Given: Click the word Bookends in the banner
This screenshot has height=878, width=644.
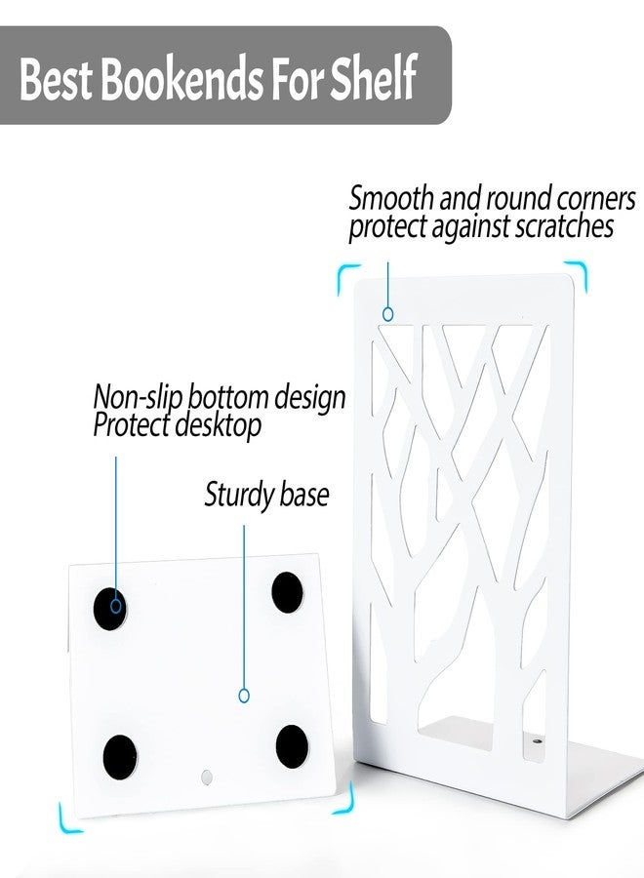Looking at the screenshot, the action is point(182,77).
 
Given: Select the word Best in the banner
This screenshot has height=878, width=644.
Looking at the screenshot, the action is point(56,78).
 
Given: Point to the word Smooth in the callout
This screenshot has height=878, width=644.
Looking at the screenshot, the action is point(391,198).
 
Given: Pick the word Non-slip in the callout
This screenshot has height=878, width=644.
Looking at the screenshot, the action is point(138,398).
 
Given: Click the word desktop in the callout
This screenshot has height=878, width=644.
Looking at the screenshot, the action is point(218,425).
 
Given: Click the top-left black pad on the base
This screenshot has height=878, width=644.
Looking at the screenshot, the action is point(109,609).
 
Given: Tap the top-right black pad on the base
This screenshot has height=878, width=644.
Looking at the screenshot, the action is point(287,592).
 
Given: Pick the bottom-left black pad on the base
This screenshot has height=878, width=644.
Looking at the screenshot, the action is point(120,757).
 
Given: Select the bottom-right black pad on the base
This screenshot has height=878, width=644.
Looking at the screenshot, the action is point(292,747).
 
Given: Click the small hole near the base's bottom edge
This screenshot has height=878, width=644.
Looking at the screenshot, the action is point(207,777).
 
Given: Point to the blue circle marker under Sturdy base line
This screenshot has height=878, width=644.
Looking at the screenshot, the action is point(244,696).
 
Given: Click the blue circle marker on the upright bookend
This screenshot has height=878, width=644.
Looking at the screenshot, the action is point(387,314).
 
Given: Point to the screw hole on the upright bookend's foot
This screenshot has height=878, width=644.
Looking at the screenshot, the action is point(537,741).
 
